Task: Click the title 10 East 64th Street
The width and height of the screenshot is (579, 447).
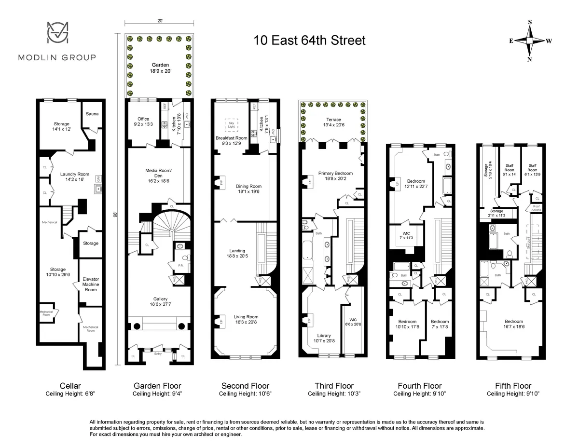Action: (309, 41)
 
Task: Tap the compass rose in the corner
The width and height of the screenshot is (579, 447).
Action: (529, 41)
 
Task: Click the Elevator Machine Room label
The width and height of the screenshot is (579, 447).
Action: (90, 284)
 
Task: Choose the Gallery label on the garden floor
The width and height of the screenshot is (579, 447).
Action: (160, 302)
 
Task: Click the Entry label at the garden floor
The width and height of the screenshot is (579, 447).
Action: (158, 354)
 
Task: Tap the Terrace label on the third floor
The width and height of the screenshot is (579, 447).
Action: (333, 122)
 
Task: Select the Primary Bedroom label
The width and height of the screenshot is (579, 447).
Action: (335, 176)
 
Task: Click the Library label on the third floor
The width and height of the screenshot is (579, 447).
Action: (324, 338)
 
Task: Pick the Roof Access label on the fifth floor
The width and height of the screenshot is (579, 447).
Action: (536, 208)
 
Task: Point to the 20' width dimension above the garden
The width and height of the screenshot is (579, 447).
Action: (160, 21)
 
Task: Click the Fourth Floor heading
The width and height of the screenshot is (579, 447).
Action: (419, 386)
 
